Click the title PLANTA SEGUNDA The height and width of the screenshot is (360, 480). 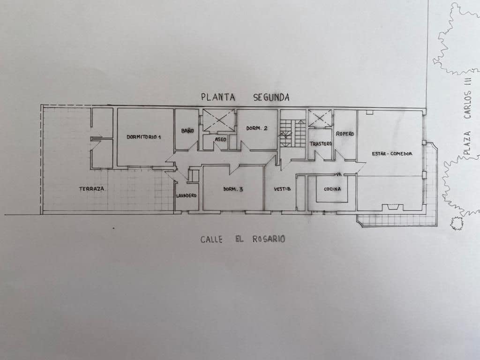pyautogui.click(x=245, y=97)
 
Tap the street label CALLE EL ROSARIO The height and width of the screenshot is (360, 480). pyautogui.click(x=243, y=239)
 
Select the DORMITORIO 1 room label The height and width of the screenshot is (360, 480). pyautogui.click(x=144, y=137)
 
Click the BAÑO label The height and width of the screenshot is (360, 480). pyautogui.click(x=187, y=131)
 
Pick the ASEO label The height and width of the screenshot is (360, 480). pyautogui.click(x=220, y=139)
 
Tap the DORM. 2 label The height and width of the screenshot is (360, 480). pyautogui.click(x=256, y=128)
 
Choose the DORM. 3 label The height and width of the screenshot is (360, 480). pyautogui.click(x=233, y=189)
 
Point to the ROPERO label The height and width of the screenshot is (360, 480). pyautogui.click(x=345, y=134)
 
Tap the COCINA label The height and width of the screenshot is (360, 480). pyautogui.click(x=332, y=189)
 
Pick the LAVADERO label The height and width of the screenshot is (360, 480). pyautogui.click(x=186, y=195)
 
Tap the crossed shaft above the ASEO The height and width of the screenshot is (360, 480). pyautogui.click(x=218, y=120)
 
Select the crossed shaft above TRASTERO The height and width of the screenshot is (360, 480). pyautogui.click(x=321, y=118)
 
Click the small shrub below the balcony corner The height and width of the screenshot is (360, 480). pyautogui.click(x=456, y=224)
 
